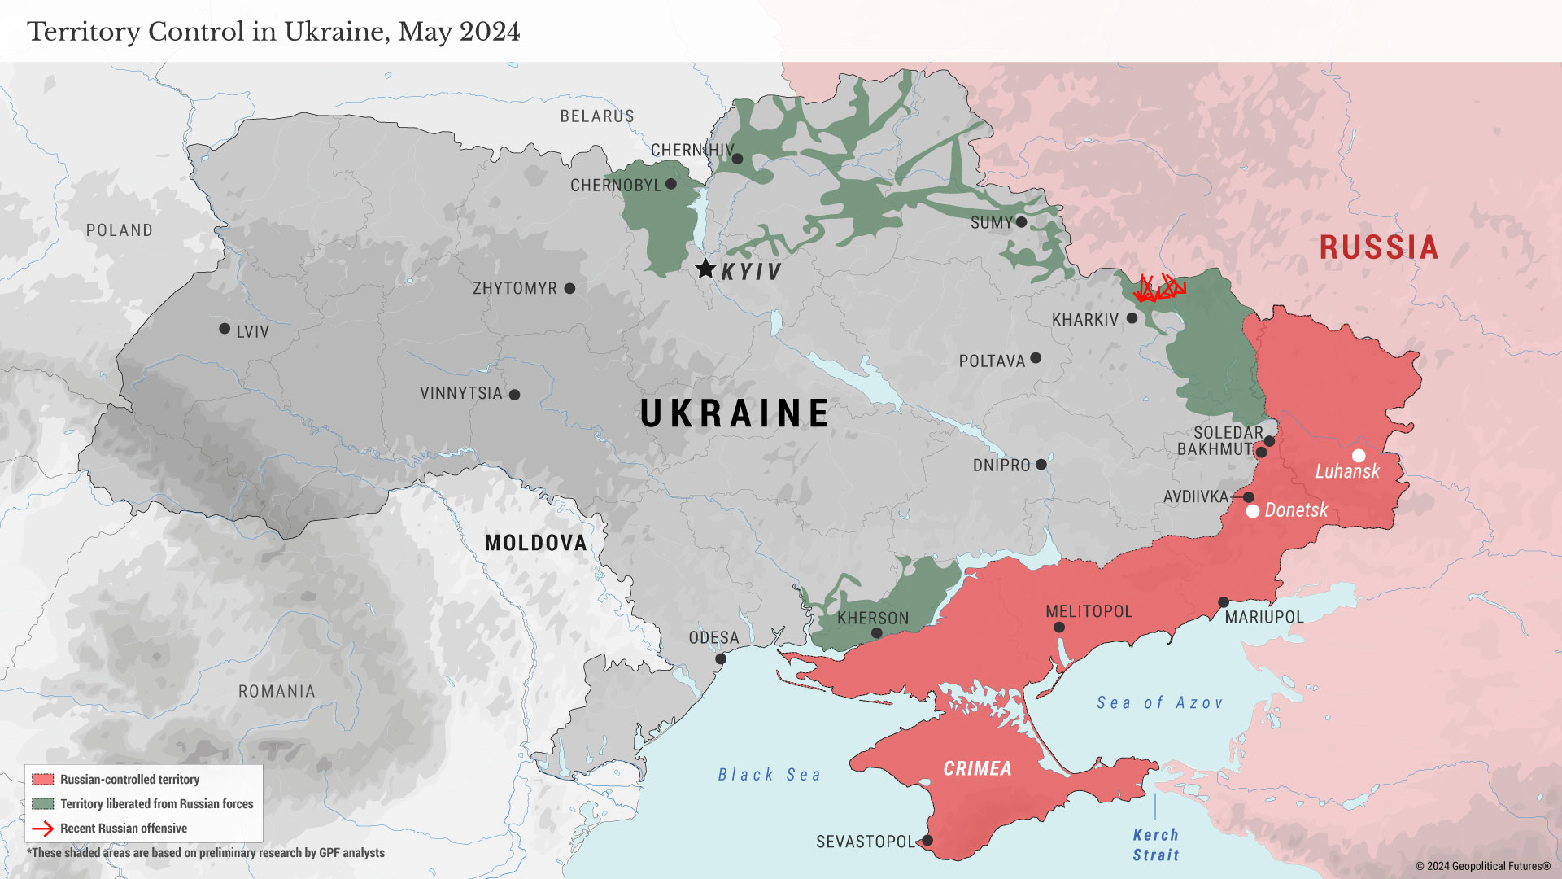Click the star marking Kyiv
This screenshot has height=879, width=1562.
click(x=705, y=269)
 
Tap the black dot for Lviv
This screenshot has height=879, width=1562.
click(x=225, y=329)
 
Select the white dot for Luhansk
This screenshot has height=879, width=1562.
click(x=1359, y=456)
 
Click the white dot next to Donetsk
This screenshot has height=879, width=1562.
click(x=1253, y=511)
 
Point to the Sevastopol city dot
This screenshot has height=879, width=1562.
click(x=927, y=840)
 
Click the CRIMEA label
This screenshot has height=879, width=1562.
click(x=977, y=769)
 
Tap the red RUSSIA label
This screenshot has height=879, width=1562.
click(x=1378, y=247)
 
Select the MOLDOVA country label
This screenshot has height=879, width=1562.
click(x=535, y=543)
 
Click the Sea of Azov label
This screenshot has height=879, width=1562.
click(x=1159, y=702)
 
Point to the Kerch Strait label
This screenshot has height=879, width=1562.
click(x=1155, y=845)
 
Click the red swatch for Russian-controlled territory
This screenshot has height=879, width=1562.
click(x=43, y=780)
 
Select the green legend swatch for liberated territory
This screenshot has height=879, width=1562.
click(x=43, y=804)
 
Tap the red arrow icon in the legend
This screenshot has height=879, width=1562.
click(x=42, y=829)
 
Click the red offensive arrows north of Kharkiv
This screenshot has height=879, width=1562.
click(x=1158, y=288)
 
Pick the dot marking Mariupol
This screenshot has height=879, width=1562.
click(x=1223, y=602)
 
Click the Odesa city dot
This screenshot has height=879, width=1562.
click(x=720, y=658)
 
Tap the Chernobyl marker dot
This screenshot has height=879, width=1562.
click(x=670, y=184)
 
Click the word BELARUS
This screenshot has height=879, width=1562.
click(x=596, y=116)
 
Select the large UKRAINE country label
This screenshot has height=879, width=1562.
click(x=735, y=413)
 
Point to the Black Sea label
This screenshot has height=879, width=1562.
click(x=769, y=775)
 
